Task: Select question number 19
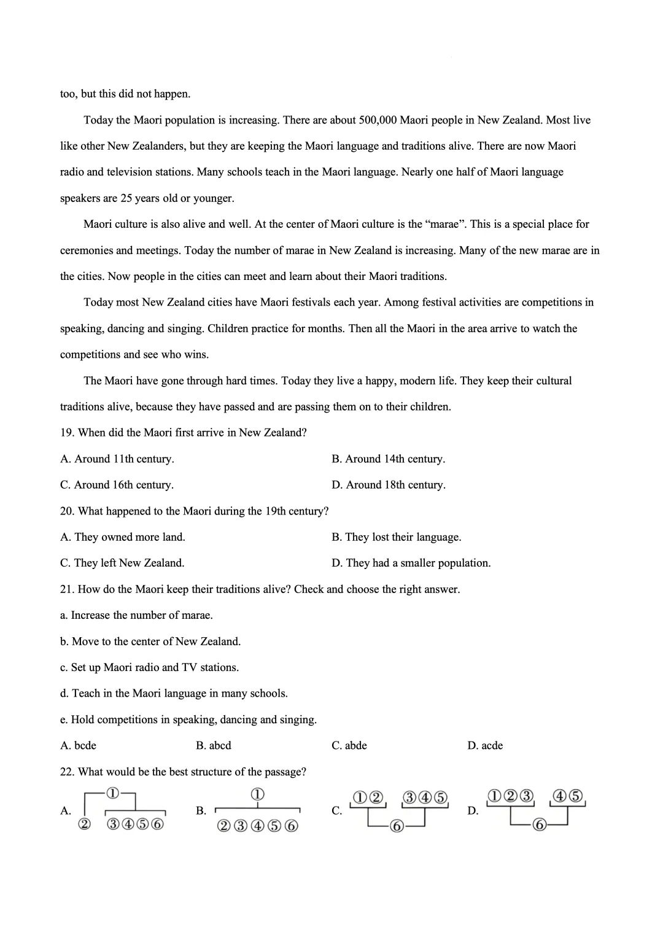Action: pyautogui.click(x=67, y=433)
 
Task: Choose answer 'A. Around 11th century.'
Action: pyautogui.click(x=117, y=459)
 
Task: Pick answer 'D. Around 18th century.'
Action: pyautogui.click(x=389, y=485)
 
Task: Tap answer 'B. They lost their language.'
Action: pyautogui.click(x=397, y=537)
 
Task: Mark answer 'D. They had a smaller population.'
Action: pyautogui.click(x=411, y=563)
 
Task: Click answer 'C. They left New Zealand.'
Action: pyautogui.click(x=122, y=563)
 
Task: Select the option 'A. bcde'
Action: pyautogui.click(x=79, y=746)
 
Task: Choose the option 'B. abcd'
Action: pyautogui.click(x=214, y=746)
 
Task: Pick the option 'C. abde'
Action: pyautogui.click(x=349, y=746)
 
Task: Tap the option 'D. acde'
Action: pyautogui.click(x=485, y=746)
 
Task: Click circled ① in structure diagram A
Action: pyautogui.click(x=113, y=793)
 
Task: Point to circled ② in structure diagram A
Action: pyautogui.click(x=85, y=824)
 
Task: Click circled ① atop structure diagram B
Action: pyautogui.click(x=258, y=794)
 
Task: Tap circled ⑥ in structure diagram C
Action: pyautogui.click(x=397, y=826)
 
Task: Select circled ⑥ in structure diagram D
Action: pyautogui.click(x=540, y=824)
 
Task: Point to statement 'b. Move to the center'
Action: pyautogui.click(x=150, y=641)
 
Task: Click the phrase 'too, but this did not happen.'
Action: pyautogui.click(x=125, y=94)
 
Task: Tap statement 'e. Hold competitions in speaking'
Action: pyautogui.click(x=188, y=719)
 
